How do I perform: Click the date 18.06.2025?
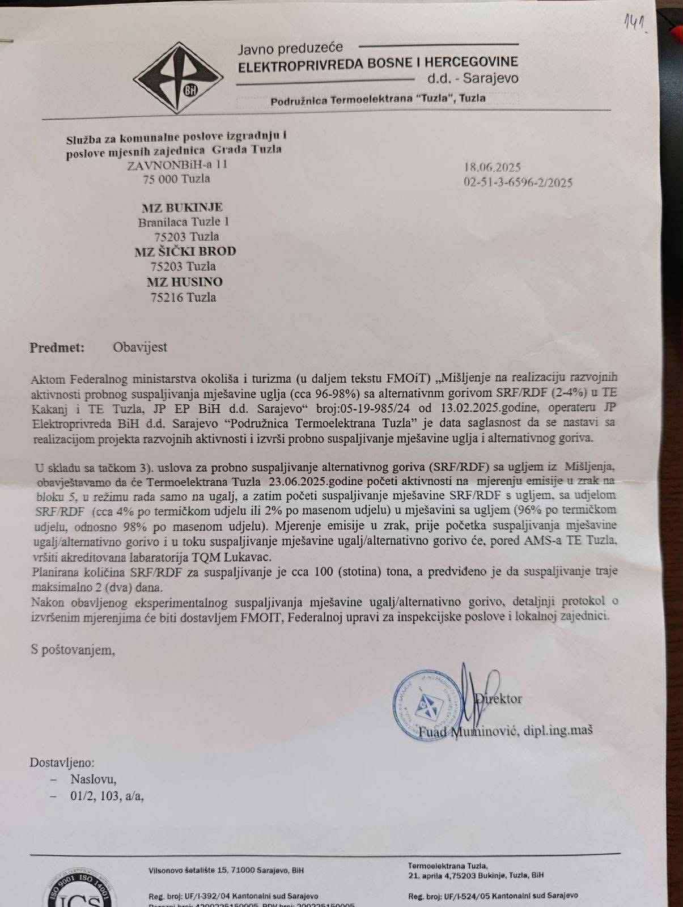[492, 167]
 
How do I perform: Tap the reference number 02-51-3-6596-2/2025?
[518, 183]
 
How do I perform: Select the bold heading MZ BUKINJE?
[182, 207]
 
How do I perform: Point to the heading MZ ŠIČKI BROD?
[185, 252]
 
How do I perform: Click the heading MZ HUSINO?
[185, 282]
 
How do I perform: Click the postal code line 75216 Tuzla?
[183, 297]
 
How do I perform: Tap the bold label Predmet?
[57, 347]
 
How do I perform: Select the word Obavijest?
[139, 347]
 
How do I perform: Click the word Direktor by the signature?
[499, 698]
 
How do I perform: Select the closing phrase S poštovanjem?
[73, 650]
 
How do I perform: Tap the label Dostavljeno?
[62, 763]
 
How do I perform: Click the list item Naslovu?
[94, 779]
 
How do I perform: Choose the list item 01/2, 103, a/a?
[107, 796]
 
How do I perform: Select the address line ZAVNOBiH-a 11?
[177, 164]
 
